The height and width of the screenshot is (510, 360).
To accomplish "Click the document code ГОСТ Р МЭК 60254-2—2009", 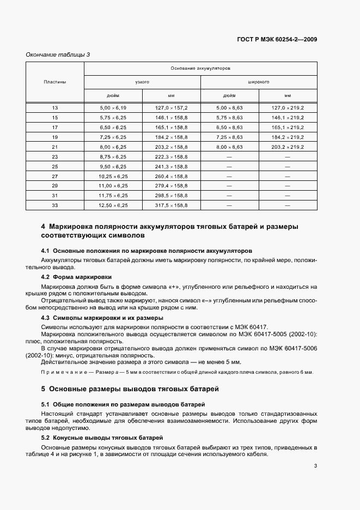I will tap(277, 40).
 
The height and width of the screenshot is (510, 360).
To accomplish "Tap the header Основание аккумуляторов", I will tap(200, 69).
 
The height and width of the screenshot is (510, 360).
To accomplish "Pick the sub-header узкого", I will tap(142, 82).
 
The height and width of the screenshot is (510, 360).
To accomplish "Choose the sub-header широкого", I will tap(259, 82).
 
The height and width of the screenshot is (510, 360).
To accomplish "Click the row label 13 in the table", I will tap(55, 108).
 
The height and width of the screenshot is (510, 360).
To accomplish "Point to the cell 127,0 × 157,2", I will tap(172, 108).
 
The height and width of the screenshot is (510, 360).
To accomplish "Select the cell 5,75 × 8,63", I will tap(229, 118).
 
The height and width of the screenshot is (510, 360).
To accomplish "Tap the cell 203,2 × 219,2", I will tap(288, 147).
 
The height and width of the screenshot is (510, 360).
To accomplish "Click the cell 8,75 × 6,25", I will tap(113, 157).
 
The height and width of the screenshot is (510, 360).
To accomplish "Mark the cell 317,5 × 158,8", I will tap(172, 205).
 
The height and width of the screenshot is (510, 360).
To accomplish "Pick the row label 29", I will tap(55, 186).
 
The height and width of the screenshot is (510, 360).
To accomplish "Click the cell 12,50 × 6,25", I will tap(113, 205).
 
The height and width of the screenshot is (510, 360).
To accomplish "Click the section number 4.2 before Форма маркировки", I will tap(46, 277).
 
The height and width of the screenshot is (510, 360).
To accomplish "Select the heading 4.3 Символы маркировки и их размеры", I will tap(102, 318).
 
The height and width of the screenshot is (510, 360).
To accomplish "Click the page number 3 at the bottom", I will tap(316, 466).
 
